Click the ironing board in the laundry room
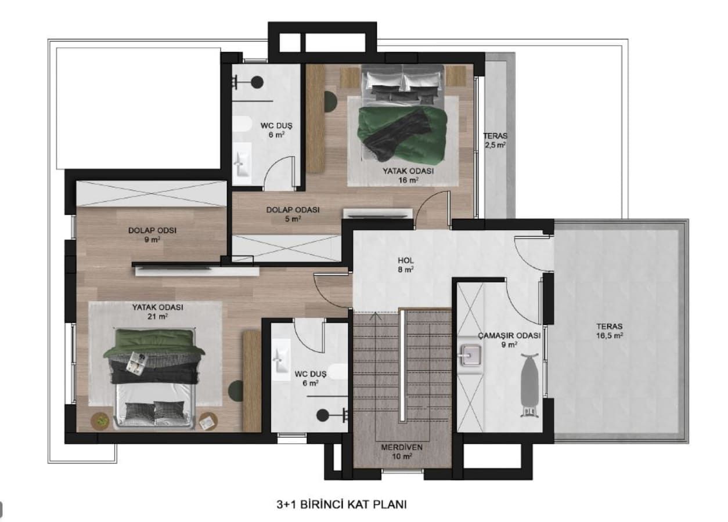pos(528,383)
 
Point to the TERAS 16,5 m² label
pos(609,330)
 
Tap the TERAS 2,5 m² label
pos(495,140)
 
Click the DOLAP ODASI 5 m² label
pos(293,214)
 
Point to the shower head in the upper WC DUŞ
pos(256,82)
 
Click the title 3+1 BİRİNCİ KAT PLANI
pos(341,504)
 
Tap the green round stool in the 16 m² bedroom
pos(330,101)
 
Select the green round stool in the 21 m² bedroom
pos(235,389)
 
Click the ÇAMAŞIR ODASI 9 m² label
pos(509,340)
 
